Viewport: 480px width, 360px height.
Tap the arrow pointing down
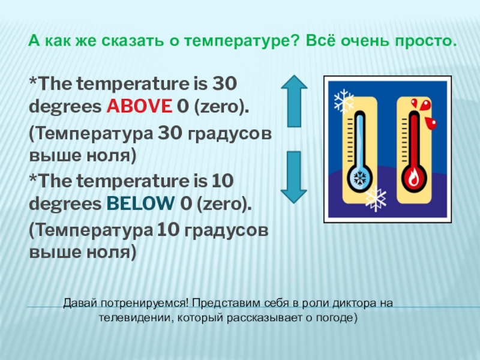click(294, 176)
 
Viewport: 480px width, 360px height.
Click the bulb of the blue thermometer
click(360, 178)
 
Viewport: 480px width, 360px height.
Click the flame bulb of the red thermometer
click(413, 178)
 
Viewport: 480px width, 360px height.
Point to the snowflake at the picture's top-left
click(344, 100)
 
